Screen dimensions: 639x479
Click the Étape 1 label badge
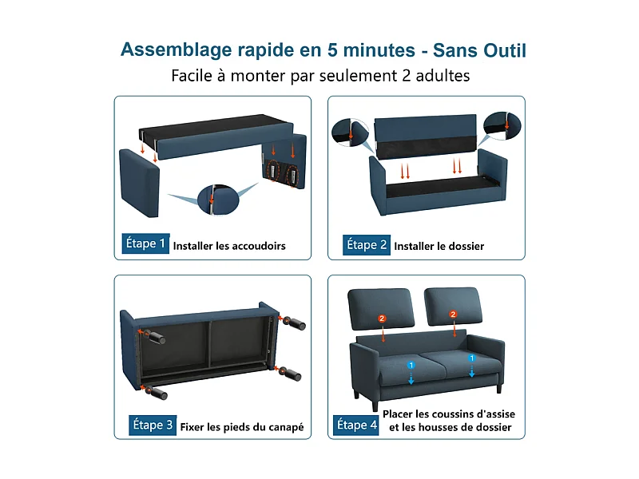pos(145,243)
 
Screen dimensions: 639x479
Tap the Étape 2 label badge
pos(367,245)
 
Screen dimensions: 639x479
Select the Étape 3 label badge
pos(153,426)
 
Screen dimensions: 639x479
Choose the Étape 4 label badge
pos(355,426)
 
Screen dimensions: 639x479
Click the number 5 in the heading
pos(332,50)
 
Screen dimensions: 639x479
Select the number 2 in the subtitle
pos(406,76)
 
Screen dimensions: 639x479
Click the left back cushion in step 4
pos(381,308)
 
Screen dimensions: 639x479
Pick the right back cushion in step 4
pos(453,306)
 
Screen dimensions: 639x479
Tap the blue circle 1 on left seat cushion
pos(411,365)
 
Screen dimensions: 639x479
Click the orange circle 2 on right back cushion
pos(453,314)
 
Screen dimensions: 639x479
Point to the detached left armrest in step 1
pos(139,183)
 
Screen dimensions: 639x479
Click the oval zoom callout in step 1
pos(218,199)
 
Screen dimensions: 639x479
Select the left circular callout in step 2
pos(350,133)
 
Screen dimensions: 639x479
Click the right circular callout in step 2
pos(502,126)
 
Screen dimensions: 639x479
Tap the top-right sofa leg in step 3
pos(295,323)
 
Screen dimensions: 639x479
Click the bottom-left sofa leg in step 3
pos(156,392)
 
